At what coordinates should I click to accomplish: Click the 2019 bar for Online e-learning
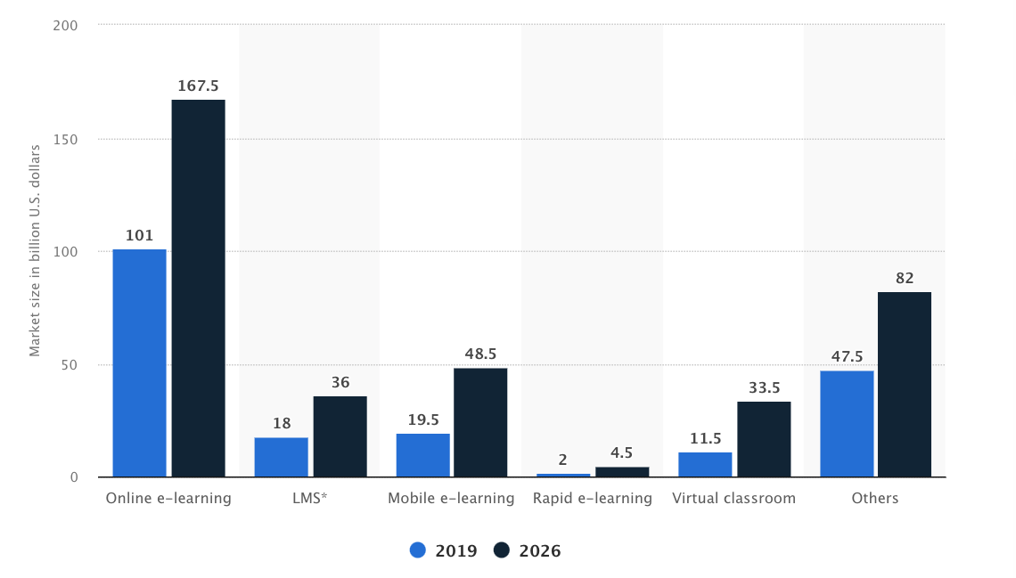[139, 363]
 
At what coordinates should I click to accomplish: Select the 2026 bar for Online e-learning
[198, 289]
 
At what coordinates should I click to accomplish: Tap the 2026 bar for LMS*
[340, 436]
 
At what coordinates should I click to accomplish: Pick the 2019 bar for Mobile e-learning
[422, 455]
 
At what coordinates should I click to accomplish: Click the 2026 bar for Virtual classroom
[764, 439]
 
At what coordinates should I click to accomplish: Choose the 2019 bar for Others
[847, 424]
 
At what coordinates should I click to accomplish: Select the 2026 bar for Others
[905, 385]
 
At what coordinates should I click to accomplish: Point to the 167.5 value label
[198, 86]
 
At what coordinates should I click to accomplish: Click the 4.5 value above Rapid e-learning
[622, 453]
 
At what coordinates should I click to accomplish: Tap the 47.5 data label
[847, 357]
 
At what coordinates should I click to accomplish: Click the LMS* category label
[309, 499]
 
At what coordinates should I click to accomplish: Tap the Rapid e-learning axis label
[593, 499]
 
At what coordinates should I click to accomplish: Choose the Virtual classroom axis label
[733, 499]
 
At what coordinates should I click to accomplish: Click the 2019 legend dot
[418, 550]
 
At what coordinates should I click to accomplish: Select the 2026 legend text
[539, 550]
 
